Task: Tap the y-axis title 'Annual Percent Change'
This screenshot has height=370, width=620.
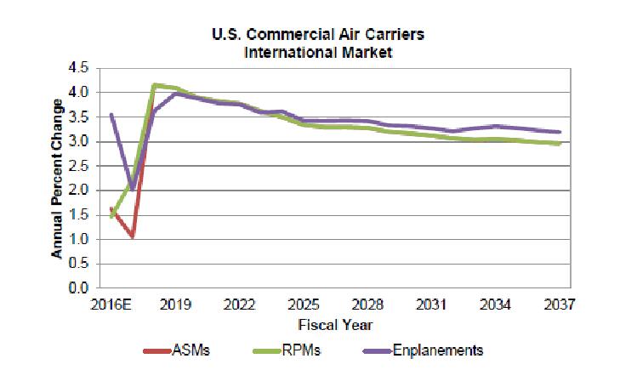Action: (x=57, y=179)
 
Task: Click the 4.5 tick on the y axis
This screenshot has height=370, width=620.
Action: (x=80, y=67)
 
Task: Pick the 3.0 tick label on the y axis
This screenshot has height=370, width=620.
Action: (x=80, y=141)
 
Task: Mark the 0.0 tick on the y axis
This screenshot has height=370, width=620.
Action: (x=80, y=288)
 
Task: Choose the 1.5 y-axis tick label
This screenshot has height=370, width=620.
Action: (x=80, y=214)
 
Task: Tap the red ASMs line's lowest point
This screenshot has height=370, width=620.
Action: (x=133, y=236)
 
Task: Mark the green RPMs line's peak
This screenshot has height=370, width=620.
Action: (x=154, y=84)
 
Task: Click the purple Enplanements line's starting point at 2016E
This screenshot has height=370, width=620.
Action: (x=111, y=114)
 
